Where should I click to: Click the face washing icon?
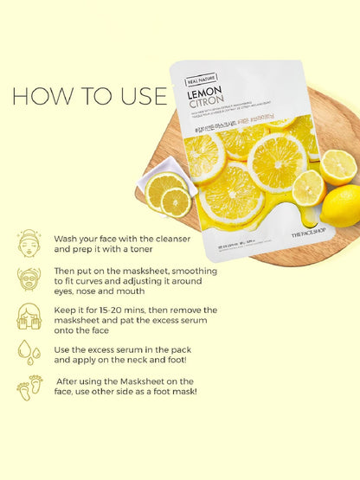(x=29, y=242)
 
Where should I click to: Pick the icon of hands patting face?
(x=29, y=317)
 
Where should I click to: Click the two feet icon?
(x=29, y=387)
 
